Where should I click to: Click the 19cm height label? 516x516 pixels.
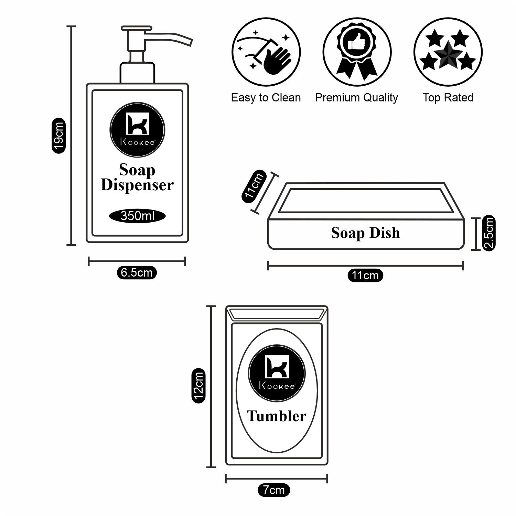pos(58,136)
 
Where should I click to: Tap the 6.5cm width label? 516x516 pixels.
pos(137,273)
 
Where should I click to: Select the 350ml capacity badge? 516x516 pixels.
pos(137,216)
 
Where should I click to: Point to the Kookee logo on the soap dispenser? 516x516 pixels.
pos(137,130)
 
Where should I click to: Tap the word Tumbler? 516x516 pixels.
pos(276,416)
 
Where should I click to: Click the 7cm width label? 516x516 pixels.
pos(274,490)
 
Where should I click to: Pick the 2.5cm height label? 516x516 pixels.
pos(489,233)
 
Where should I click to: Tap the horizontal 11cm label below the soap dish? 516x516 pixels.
pos(365,276)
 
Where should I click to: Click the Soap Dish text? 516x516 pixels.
pos(365,233)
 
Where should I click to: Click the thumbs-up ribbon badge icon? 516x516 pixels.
pos(357,52)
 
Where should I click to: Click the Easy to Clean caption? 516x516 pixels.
pos(266,98)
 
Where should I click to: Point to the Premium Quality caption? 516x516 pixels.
pos(356,98)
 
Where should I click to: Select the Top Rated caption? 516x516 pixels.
pos(448,98)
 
